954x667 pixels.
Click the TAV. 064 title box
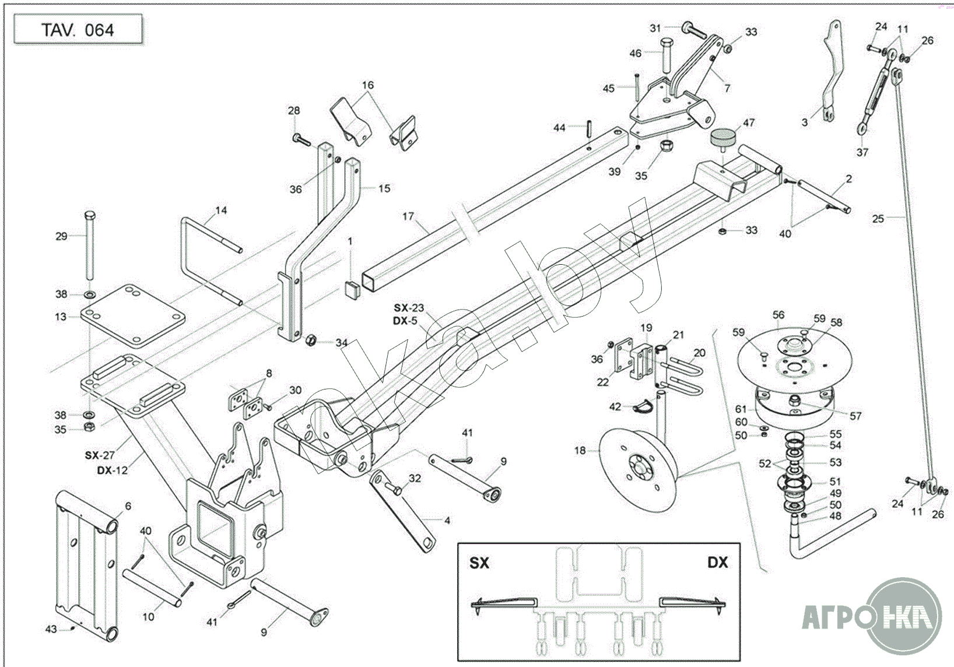coord(78,30)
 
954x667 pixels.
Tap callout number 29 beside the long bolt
coord(61,236)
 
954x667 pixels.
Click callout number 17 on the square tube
coord(408,216)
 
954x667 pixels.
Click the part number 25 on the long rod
coord(878,219)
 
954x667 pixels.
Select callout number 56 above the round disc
coord(778,315)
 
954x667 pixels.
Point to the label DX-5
coord(405,320)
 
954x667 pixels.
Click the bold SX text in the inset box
coord(480,563)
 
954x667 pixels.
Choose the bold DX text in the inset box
coord(718,563)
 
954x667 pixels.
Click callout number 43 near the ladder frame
coord(51,629)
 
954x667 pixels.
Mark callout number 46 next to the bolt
coord(635,54)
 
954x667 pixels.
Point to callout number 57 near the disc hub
coord(855,416)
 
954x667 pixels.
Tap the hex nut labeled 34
coord(311,339)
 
